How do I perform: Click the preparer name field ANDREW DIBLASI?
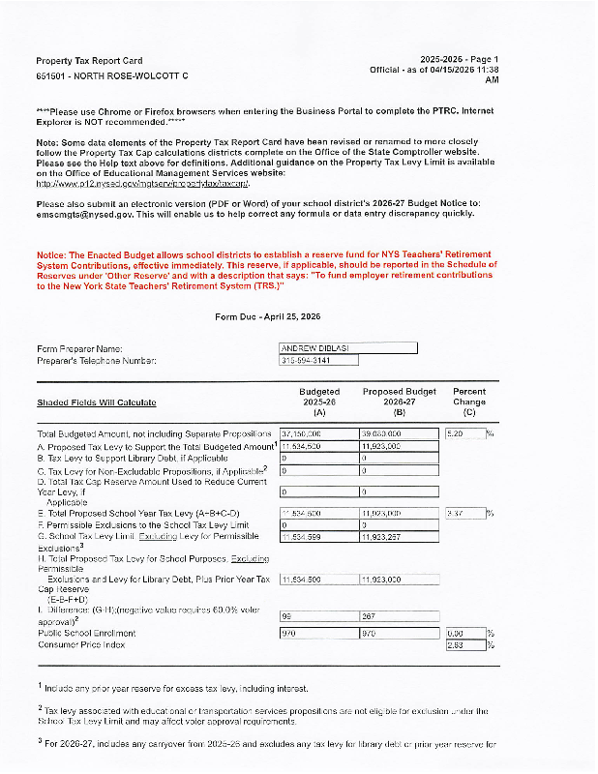(347, 348)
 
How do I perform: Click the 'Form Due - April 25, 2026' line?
(267, 316)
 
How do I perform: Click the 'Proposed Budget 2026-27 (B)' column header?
(399, 402)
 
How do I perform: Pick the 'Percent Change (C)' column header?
(469, 402)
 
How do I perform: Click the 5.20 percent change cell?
(464, 433)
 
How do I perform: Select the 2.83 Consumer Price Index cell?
(464, 645)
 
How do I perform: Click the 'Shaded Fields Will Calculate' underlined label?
(96, 402)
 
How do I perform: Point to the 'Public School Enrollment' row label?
(86, 634)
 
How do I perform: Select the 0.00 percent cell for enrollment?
(464, 634)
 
